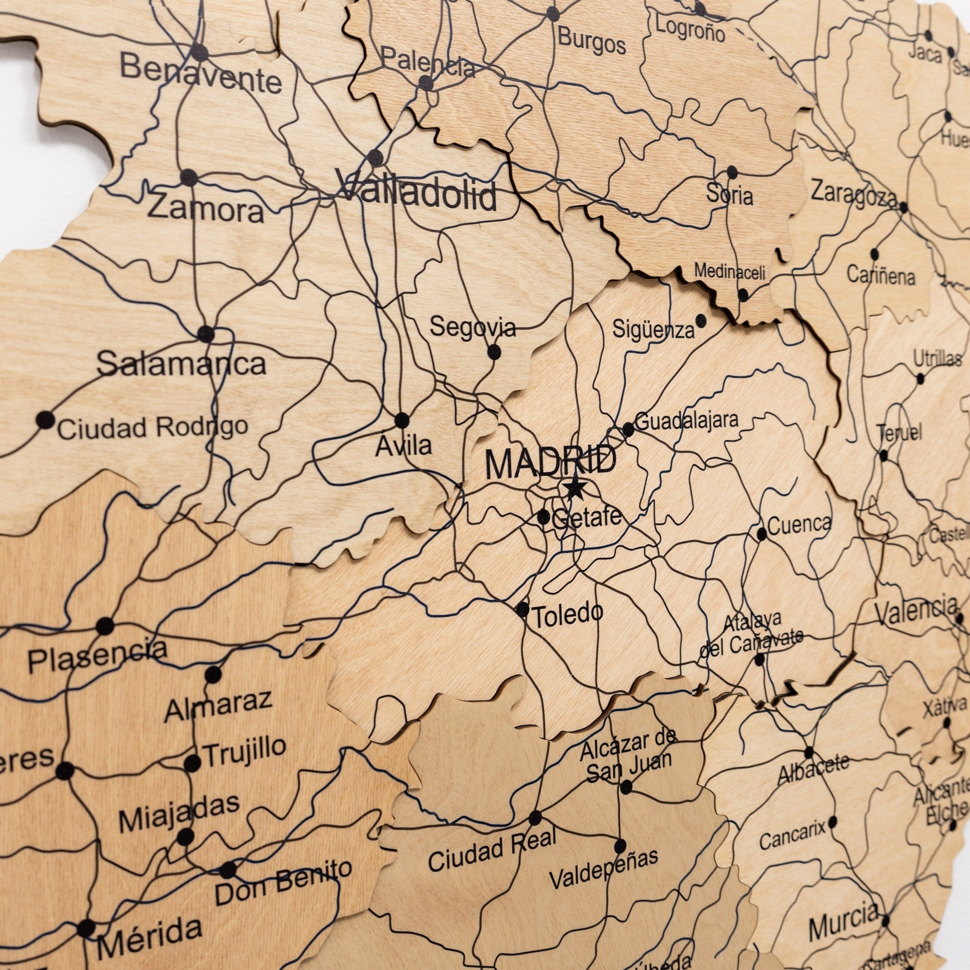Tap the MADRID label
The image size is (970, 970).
550,463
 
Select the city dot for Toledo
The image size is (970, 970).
522,610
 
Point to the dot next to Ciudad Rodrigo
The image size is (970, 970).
45,419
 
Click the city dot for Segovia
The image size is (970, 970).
494,352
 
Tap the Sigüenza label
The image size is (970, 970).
653,330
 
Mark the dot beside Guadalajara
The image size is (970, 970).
628,429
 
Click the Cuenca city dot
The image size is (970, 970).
761,533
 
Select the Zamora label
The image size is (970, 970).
206,209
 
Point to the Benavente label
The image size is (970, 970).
201,75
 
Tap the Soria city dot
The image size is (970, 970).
732,172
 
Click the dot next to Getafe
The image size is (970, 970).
543,517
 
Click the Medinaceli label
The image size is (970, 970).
729,273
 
